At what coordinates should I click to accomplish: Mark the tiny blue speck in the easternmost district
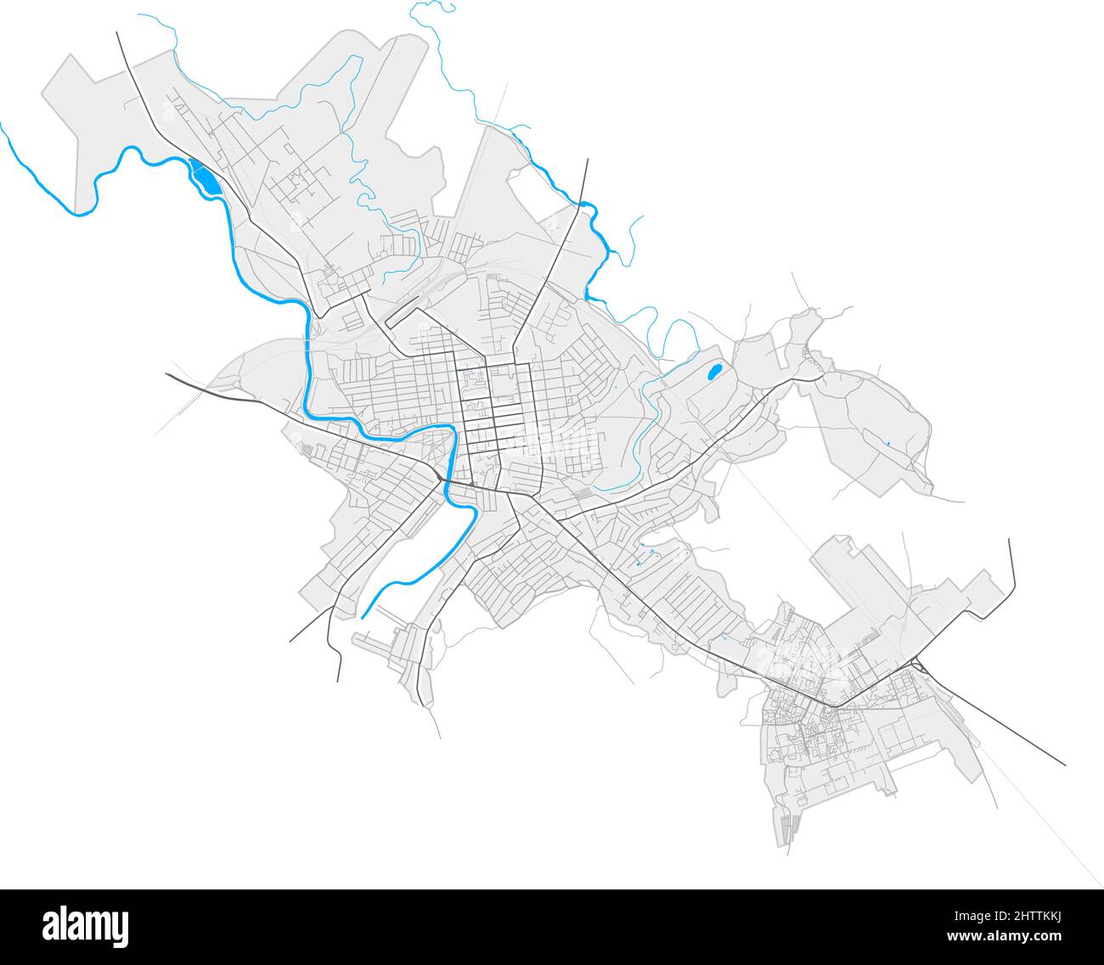pyautogui.click(x=886, y=444)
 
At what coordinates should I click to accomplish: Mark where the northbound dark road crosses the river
pyautogui.click(x=581, y=204)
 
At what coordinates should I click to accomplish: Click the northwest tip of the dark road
pyautogui.click(x=116, y=33)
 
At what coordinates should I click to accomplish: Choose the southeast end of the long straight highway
pyautogui.click(x=1065, y=764)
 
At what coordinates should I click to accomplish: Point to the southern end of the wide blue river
pyautogui.click(x=363, y=615)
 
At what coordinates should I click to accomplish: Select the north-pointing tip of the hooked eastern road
pyautogui.click(x=1010, y=539)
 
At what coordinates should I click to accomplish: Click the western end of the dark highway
pyautogui.click(x=166, y=373)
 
